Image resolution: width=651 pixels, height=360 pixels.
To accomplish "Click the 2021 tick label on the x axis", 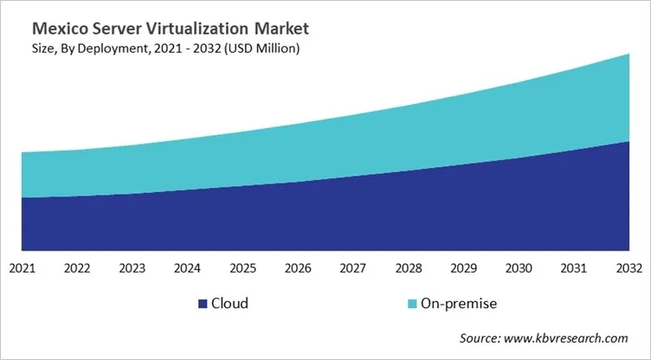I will tap(22, 269).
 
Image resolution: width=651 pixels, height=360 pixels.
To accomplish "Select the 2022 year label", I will tap(77, 269).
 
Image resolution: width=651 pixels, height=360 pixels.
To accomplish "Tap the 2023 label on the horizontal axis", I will tap(132, 269).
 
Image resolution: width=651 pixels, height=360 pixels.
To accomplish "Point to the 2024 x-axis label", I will tap(188, 269).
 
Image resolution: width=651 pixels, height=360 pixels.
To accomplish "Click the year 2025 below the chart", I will tap(242, 269).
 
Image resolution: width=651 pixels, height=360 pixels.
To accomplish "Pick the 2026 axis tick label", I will tap(298, 269).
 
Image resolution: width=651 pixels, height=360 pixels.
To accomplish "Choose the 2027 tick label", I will tap(353, 269).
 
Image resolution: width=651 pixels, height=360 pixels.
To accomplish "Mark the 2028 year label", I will tap(409, 269).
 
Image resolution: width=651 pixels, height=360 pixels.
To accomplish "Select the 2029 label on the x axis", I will tap(463, 269).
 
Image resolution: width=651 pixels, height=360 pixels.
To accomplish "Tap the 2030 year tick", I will tap(519, 269).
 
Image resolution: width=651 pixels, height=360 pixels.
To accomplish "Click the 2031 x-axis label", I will tap(574, 269).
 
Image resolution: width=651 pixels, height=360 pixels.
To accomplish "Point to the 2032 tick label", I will tap(628, 269).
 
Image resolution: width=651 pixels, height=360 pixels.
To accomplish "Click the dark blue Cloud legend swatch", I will tap(203, 304).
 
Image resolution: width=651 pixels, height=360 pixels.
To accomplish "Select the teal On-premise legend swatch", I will tap(412, 304).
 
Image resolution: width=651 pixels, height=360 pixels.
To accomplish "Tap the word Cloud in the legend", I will tap(230, 304).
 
